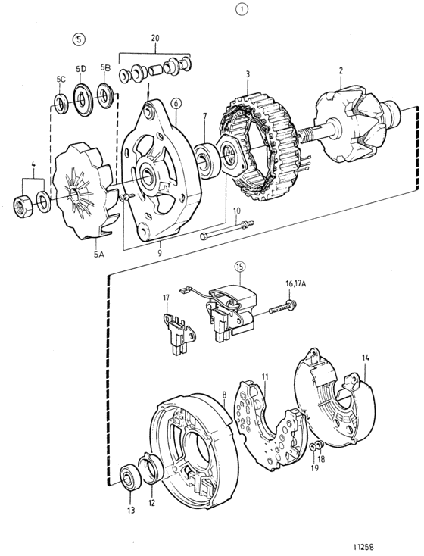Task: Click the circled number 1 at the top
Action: tap(242, 10)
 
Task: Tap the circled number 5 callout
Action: tap(79, 39)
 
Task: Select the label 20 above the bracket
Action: tap(155, 39)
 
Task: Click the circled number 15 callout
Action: tap(240, 267)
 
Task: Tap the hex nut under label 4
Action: tap(23, 206)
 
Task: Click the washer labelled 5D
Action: tap(83, 99)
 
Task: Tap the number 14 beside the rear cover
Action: tap(366, 358)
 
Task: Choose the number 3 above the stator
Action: tap(248, 74)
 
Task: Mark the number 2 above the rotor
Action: tap(341, 70)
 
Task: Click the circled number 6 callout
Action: tap(176, 104)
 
